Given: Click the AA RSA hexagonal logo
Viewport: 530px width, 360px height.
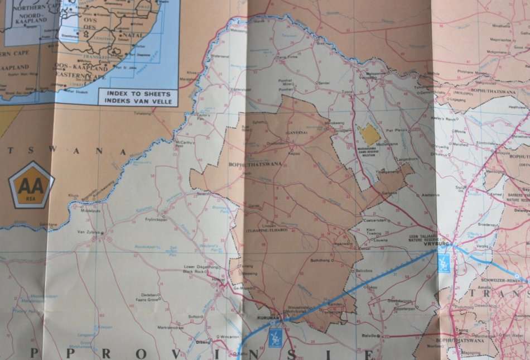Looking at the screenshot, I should pyautogui.click(x=31, y=185).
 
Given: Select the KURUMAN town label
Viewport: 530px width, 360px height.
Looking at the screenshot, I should pyautogui.click(x=267, y=318).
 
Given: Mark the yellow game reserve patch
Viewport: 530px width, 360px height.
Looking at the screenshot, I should pyautogui.click(x=369, y=134).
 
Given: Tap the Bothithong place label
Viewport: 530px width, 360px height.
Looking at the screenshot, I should pyautogui.click(x=321, y=260).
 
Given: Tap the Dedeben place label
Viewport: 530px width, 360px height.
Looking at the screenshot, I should pyautogui.click(x=148, y=294).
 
